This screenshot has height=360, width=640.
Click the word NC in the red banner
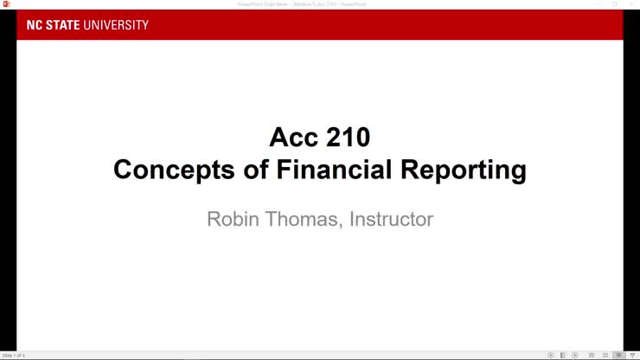click(x=34, y=25)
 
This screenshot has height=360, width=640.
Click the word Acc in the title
click(x=295, y=137)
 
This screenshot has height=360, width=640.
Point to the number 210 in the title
click(x=349, y=137)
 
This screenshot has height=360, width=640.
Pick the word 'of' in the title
click(x=246, y=170)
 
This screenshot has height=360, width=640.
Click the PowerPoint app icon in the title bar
click(x=6, y=4)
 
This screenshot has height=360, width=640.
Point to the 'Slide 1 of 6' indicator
click(x=14, y=355)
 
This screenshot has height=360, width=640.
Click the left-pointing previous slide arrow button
click(x=551, y=355)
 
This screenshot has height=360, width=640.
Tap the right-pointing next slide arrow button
click(x=575, y=355)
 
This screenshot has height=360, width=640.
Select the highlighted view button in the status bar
click(x=618, y=355)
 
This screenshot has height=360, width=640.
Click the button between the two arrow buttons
click(x=563, y=355)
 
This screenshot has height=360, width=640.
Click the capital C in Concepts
click(x=124, y=170)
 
